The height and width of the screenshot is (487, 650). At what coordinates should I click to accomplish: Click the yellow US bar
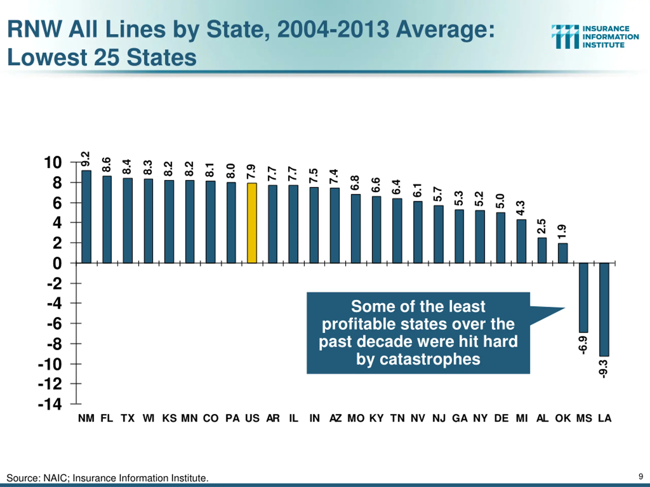point(252,223)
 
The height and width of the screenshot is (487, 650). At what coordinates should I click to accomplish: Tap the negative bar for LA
point(604,309)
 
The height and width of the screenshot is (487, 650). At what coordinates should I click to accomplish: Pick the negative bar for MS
point(583,298)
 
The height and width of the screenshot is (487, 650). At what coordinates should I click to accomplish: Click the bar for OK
point(563,253)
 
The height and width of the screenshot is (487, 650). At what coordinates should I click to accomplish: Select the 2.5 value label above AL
point(541,226)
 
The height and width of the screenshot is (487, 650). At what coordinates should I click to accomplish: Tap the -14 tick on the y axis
point(50,404)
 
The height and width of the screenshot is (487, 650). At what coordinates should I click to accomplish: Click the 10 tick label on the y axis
point(53,162)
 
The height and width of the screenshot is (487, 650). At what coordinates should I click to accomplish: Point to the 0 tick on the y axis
point(57,263)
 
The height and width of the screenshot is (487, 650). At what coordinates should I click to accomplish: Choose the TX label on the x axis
point(127,418)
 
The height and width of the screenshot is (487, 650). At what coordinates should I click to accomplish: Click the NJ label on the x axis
point(439,418)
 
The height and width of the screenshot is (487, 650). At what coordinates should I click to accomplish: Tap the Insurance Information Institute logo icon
point(565,37)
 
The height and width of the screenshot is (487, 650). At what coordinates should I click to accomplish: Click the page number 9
point(641,476)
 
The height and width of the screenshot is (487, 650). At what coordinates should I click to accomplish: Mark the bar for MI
point(521,241)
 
